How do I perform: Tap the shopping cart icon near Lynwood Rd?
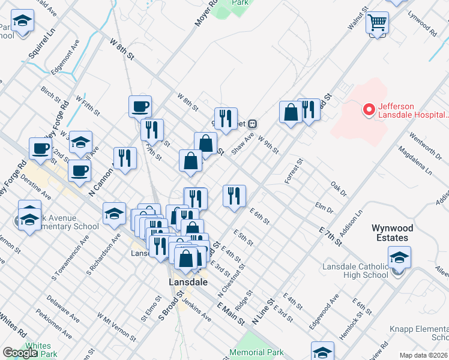point(378,23)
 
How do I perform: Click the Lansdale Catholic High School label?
point(355,271)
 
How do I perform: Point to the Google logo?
point(20,353)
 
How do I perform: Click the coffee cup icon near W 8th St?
point(140,106)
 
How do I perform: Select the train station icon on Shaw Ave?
point(253,123)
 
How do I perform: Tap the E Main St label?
point(231,314)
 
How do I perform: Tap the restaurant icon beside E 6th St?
point(234,196)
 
